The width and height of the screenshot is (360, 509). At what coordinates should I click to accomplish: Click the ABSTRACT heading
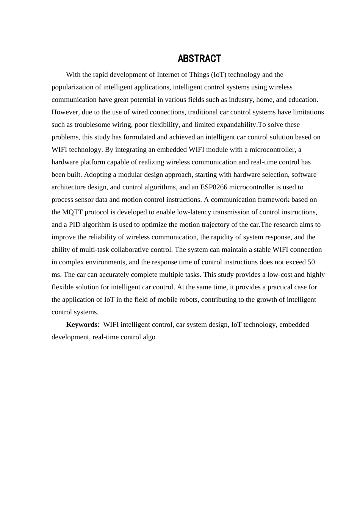199,59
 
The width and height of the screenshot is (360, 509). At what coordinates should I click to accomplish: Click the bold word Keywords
81,325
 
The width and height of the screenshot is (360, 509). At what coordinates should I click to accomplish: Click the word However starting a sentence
64,112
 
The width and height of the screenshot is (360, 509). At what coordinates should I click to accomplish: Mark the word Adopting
97,175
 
